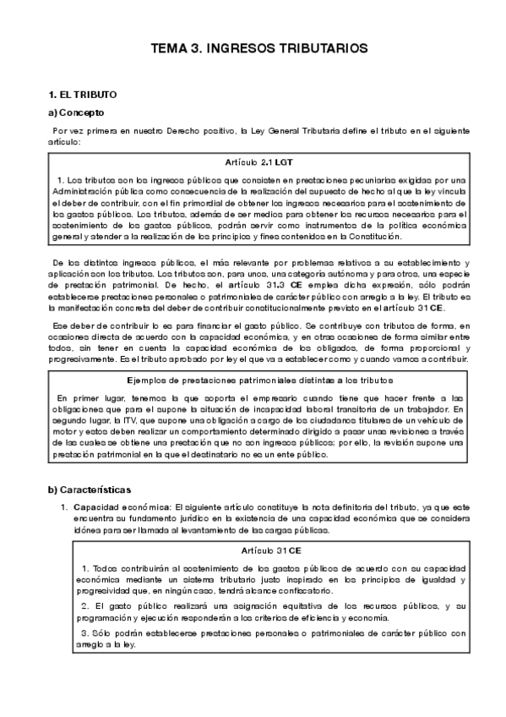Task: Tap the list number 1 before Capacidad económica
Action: pos(64,506)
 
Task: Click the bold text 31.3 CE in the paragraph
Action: pos(268,287)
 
